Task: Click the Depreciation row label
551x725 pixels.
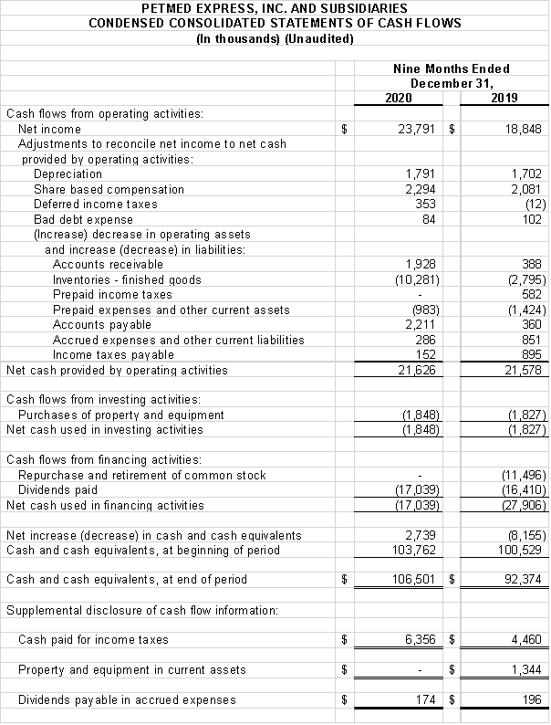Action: [x=68, y=174]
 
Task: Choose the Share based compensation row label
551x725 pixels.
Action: [x=109, y=190]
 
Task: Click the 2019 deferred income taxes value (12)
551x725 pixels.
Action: [x=535, y=205]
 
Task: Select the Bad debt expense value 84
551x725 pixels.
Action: [x=430, y=219]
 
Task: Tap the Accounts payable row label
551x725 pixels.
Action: [x=102, y=325]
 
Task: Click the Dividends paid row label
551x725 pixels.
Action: [x=57, y=490]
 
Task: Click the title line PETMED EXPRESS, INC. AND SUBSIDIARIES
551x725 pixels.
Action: [x=275, y=8]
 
